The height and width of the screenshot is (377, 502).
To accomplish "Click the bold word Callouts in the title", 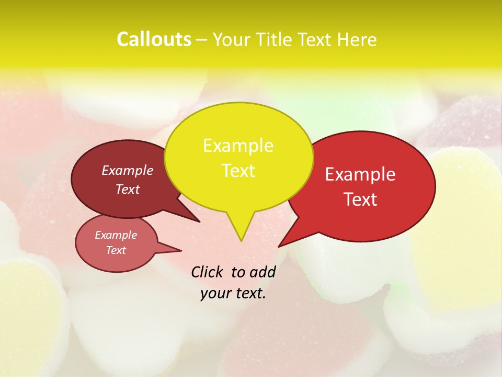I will click(x=154, y=39).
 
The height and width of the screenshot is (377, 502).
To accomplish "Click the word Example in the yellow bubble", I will click(x=238, y=146).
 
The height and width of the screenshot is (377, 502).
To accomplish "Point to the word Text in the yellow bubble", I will click(x=238, y=171).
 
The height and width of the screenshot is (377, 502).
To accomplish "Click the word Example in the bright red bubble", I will click(x=360, y=174).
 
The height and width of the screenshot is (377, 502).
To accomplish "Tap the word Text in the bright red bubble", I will click(x=360, y=199).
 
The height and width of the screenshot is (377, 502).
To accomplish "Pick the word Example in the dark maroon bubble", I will click(x=128, y=170).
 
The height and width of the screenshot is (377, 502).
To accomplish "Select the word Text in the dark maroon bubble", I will click(x=128, y=189).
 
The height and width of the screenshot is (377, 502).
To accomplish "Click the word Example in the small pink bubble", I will click(x=116, y=235).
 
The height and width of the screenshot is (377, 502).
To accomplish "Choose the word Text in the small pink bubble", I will click(x=116, y=250).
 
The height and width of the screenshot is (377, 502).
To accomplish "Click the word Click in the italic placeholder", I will click(x=207, y=272).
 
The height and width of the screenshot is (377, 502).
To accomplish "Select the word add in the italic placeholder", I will click(x=263, y=272).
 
